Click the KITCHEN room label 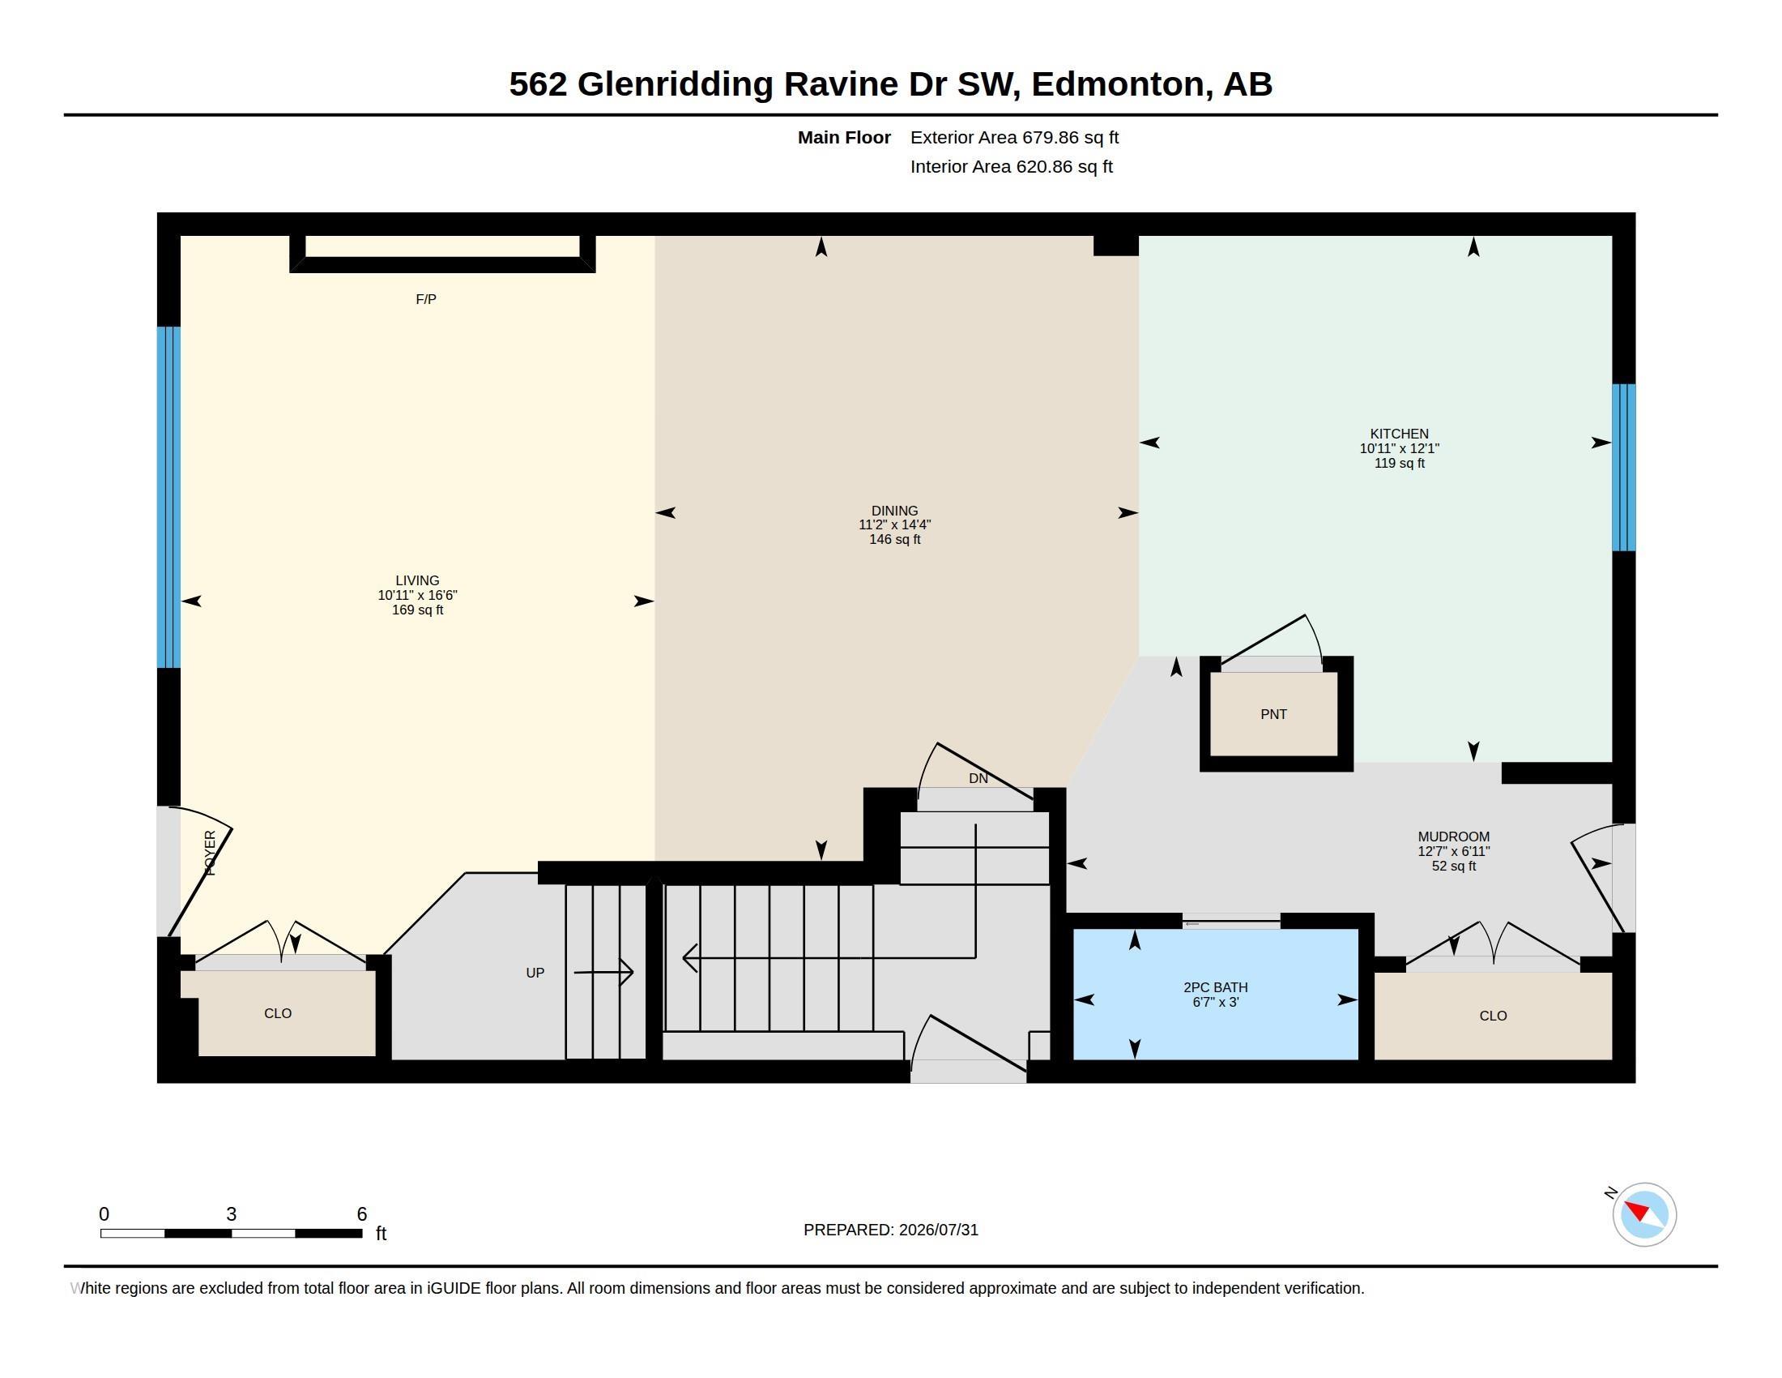coord(1399,434)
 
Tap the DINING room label coord(894,510)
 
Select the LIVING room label coord(417,580)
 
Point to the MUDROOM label coord(1453,836)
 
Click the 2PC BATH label coord(1215,987)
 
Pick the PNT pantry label coord(1273,714)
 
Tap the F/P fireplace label coord(426,300)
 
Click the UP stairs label coord(535,972)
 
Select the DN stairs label coord(978,778)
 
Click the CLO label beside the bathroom coord(1492,1016)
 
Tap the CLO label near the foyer coord(277,1013)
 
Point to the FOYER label coord(210,853)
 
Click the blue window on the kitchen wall coord(1623,468)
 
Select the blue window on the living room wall coord(169,497)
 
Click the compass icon coord(1643,1214)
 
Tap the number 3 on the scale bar coord(231,1214)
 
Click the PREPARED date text coord(890,1230)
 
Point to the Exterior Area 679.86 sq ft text coord(1014,137)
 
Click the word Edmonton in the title coord(1118,84)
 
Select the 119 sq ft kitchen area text coord(1399,463)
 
